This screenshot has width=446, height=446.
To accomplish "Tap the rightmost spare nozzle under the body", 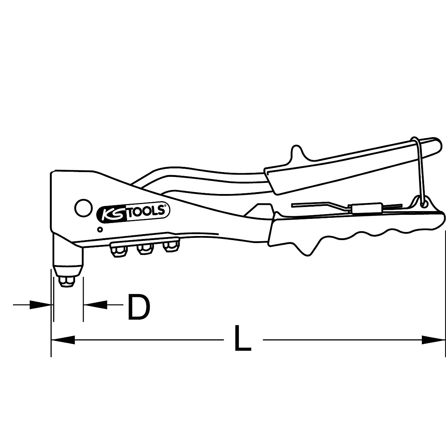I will click(169, 247).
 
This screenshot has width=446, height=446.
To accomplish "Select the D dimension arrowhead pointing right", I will click(41, 305).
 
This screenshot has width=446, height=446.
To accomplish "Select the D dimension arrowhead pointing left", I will click(95, 305).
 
